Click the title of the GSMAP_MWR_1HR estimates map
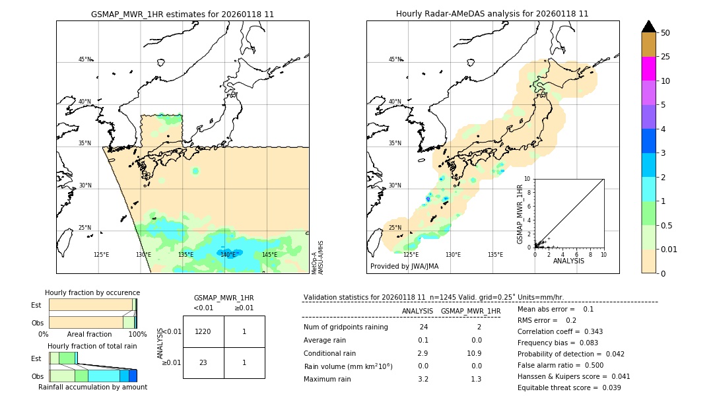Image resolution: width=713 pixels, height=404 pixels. pos(182,14)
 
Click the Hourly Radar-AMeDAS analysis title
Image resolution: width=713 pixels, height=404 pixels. pos(492,14)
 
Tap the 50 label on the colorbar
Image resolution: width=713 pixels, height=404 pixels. pos(665,33)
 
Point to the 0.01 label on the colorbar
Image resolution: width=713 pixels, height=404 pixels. pos(669,249)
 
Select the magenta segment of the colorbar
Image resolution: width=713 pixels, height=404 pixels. pos(648,69)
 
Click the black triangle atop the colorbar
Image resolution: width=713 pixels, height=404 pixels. pos(648,26)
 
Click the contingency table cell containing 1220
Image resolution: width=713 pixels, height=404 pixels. pos(203,331)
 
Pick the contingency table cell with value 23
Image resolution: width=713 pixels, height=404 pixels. pos(203,362)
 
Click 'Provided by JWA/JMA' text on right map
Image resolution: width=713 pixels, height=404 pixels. pos(404,267)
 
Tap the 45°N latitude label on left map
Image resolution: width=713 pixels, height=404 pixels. pos(85,59)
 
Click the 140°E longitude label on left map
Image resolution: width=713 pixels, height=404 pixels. pos(228,255)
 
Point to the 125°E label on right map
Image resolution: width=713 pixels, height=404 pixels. pos(411,255)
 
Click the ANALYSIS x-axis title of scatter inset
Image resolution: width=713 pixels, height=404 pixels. pos(568,261)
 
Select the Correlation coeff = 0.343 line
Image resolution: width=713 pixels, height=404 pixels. pos(560,331)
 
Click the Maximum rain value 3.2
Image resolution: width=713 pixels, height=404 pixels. pos(423,379)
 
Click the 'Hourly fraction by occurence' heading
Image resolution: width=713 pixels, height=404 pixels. pos(92,292)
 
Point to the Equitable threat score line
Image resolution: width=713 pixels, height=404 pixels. pos(569,387)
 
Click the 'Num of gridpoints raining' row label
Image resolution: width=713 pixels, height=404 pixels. pos(345,327)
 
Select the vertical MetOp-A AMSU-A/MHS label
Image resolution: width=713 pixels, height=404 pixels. pos(317,257)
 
